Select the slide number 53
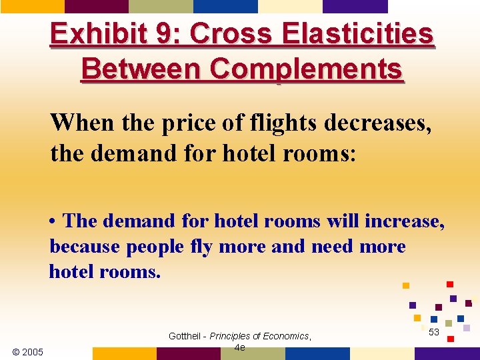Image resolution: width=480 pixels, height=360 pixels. (x=434, y=332)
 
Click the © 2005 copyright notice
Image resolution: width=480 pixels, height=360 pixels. (x=28, y=351)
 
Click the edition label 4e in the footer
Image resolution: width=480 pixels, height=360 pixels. (x=240, y=347)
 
